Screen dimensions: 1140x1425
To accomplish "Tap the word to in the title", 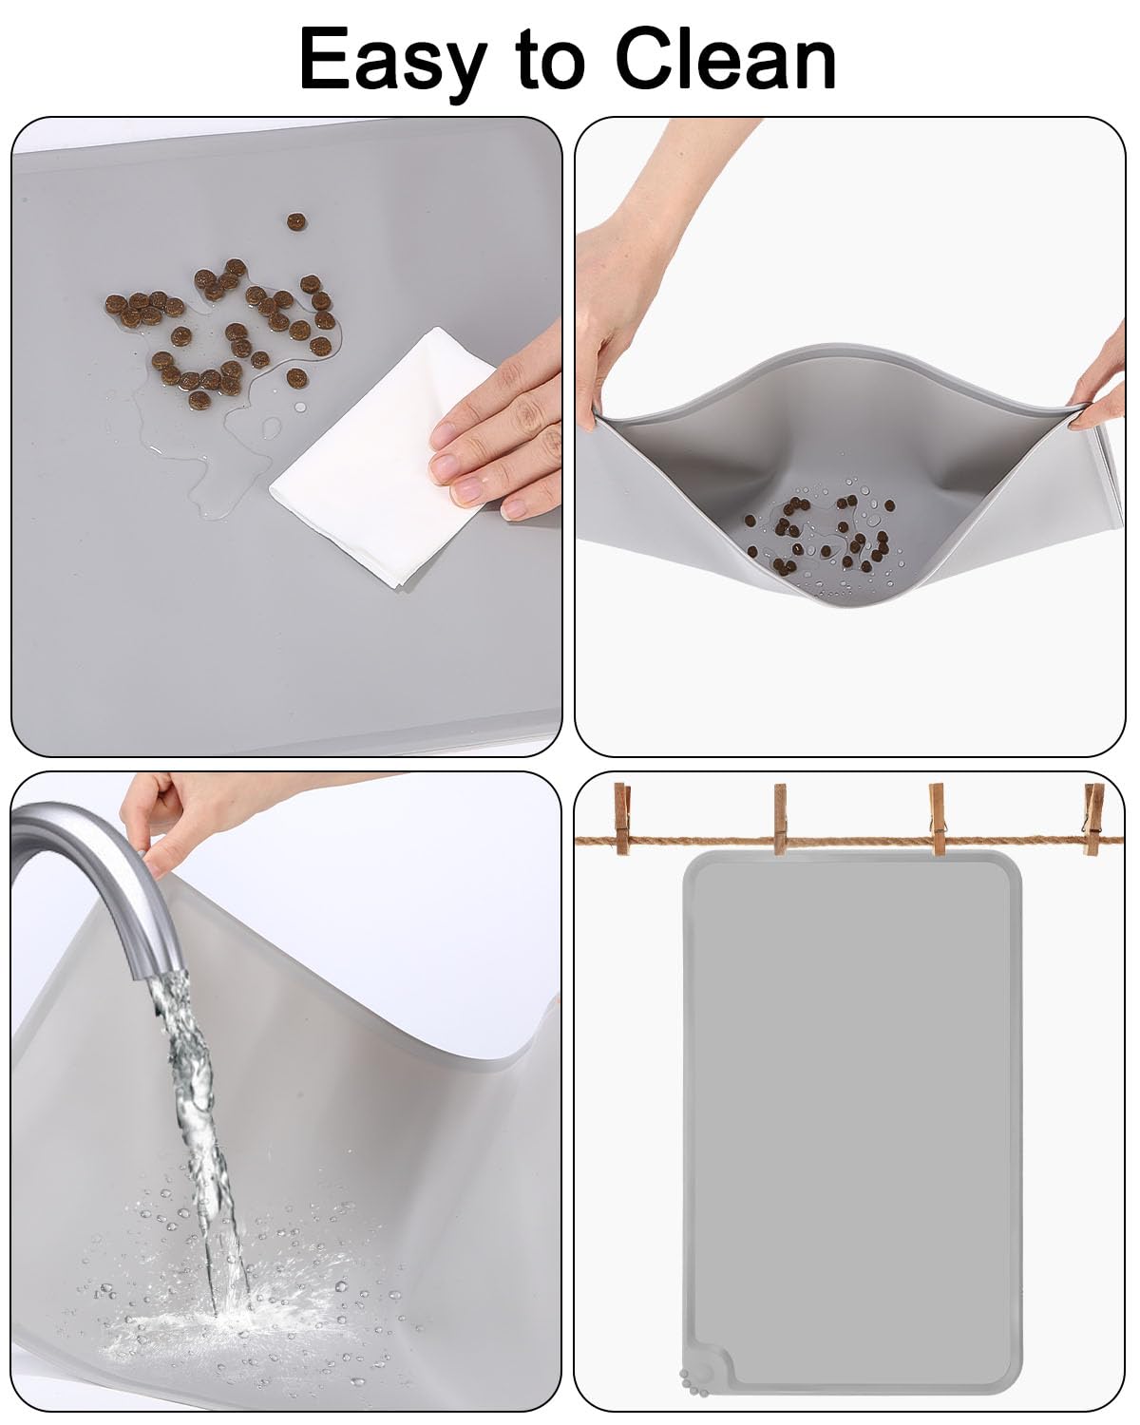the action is [x=551, y=60].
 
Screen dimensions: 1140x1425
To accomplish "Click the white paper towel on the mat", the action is [x=384, y=457].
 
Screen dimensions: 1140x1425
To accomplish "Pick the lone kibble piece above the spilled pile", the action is [x=296, y=221].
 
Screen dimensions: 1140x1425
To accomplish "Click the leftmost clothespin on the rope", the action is [x=622, y=818].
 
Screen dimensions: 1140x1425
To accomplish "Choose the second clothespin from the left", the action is [x=780, y=819].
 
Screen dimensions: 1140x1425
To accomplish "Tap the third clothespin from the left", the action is [x=938, y=819].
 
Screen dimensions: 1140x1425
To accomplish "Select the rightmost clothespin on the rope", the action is [x=1094, y=819].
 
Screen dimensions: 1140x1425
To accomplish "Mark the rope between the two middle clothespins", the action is [x=859, y=841].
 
